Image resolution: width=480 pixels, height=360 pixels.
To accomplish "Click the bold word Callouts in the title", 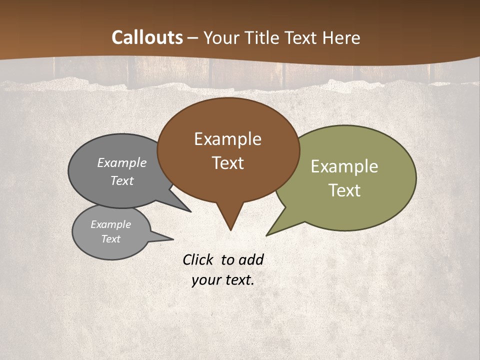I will pyautogui.click(x=147, y=37).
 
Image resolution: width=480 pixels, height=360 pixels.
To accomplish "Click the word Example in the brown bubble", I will pyautogui.click(x=227, y=139).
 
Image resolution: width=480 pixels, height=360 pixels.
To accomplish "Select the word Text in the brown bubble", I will pyautogui.click(x=227, y=163).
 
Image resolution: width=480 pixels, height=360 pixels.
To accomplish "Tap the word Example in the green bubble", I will pyautogui.click(x=344, y=166).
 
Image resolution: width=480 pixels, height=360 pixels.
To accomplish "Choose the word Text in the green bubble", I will pyautogui.click(x=344, y=190).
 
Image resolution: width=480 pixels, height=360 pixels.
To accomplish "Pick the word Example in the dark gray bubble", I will pyautogui.click(x=122, y=162).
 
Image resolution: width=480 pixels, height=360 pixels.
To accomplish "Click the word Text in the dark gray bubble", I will pyautogui.click(x=122, y=180).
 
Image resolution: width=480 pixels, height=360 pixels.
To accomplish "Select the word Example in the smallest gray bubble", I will pyautogui.click(x=110, y=224).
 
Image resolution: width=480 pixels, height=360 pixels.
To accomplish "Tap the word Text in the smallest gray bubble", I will pyautogui.click(x=110, y=239).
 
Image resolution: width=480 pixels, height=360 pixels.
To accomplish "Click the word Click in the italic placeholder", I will pyautogui.click(x=198, y=259).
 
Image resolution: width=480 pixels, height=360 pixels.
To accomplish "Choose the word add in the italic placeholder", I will pyautogui.click(x=250, y=259).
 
